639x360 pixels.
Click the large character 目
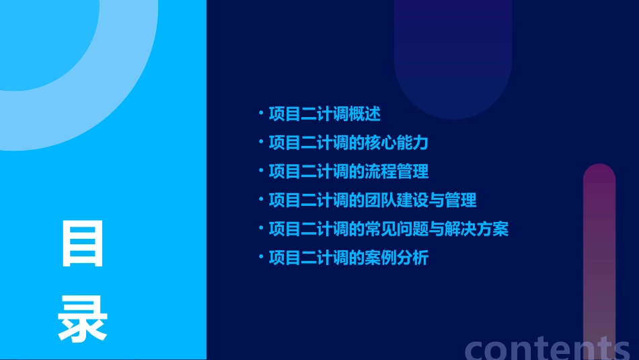tap(83, 244)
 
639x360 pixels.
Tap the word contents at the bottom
tap(547, 347)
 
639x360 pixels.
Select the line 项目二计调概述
tap(324, 114)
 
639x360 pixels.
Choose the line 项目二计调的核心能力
tap(348, 143)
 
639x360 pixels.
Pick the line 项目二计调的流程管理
tap(348, 172)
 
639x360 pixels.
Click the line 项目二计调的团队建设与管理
tap(372, 200)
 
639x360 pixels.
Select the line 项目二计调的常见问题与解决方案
tap(388, 229)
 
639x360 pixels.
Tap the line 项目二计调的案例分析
tap(348, 258)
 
